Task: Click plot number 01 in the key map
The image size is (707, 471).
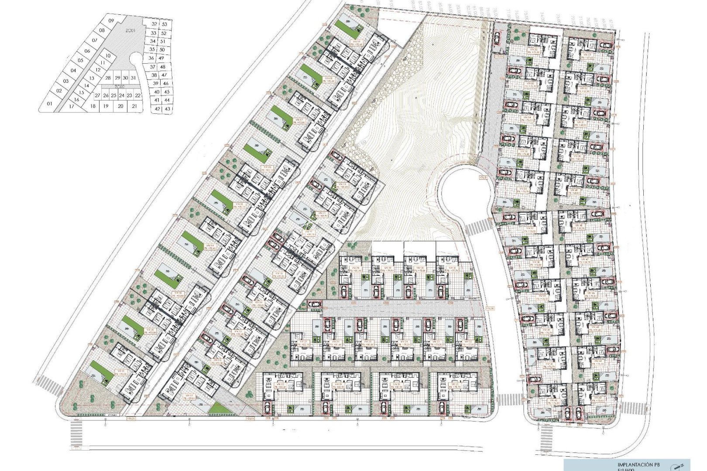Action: pyautogui.click(x=49, y=104)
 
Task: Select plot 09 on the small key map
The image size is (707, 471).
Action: pyautogui.click(x=110, y=21)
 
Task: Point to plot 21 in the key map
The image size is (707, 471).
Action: pyautogui.click(x=134, y=106)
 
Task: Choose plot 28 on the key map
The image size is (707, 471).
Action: pyautogui.click(x=108, y=78)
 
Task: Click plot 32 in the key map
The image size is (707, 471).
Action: pyautogui.click(x=154, y=24)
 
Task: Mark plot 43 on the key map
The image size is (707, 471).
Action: pyautogui.click(x=167, y=109)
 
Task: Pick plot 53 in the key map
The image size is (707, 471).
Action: pyautogui.click(x=164, y=24)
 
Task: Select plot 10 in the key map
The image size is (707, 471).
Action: pyautogui.click(x=108, y=56)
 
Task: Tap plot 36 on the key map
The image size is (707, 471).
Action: pyautogui.click(x=151, y=58)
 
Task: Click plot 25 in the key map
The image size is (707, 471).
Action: pyautogui.click(x=113, y=95)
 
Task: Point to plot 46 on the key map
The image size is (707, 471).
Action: pyautogui.click(x=166, y=83)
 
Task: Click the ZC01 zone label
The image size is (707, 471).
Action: pyautogui.click(x=130, y=31)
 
